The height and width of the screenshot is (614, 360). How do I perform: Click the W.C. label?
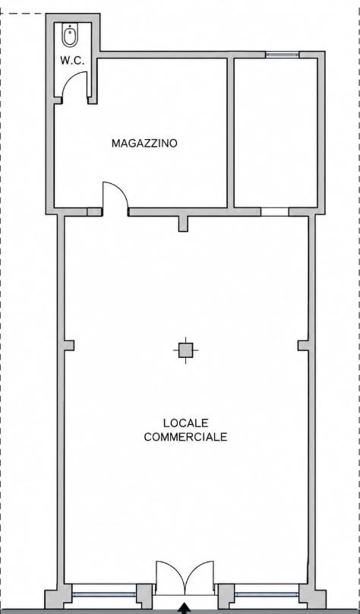pos(73,61)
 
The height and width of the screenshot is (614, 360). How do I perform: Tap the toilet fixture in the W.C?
pos(70,36)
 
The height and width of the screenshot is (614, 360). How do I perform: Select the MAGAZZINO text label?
pos(144,144)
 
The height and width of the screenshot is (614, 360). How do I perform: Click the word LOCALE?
pos(186,423)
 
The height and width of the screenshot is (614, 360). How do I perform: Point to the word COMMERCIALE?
pos(186,437)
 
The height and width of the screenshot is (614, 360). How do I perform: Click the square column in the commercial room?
pos(185,350)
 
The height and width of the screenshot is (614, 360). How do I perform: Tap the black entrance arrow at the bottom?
pos(185,609)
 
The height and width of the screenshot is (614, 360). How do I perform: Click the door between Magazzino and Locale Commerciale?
pos(115,199)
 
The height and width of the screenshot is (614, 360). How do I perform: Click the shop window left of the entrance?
pos(105,594)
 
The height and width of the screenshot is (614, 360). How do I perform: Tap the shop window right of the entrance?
pos(267,594)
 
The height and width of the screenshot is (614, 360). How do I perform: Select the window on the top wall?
pos(283,55)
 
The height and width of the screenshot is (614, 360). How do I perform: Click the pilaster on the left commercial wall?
pos(69,345)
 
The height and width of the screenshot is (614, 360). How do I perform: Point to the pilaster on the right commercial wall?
pos(303,345)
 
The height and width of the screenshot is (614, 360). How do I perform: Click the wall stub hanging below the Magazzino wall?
pos(183,223)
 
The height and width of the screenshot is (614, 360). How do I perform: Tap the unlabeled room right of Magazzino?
pos(276,133)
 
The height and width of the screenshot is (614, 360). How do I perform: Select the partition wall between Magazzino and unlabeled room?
pos(231,133)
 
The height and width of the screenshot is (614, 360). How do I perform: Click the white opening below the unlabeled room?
pos(275,212)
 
